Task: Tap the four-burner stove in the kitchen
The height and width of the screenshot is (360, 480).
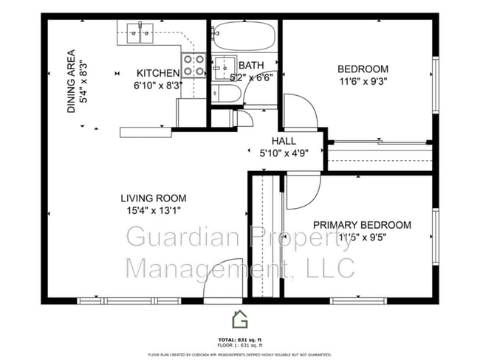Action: (x=193, y=66)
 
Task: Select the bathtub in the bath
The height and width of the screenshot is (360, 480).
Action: (x=244, y=34)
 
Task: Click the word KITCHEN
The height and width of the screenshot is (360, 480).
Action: (x=158, y=73)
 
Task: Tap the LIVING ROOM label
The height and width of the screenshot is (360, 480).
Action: (x=154, y=198)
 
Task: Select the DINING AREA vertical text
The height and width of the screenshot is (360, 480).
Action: (x=72, y=81)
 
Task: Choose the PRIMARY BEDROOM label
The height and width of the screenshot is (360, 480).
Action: (x=362, y=225)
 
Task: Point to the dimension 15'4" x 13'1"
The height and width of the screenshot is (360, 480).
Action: (x=154, y=210)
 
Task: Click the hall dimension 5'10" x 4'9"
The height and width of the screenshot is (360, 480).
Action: (x=283, y=153)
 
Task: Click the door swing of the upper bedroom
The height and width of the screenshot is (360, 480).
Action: (x=301, y=113)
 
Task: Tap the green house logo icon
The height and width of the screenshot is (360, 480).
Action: (x=240, y=319)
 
